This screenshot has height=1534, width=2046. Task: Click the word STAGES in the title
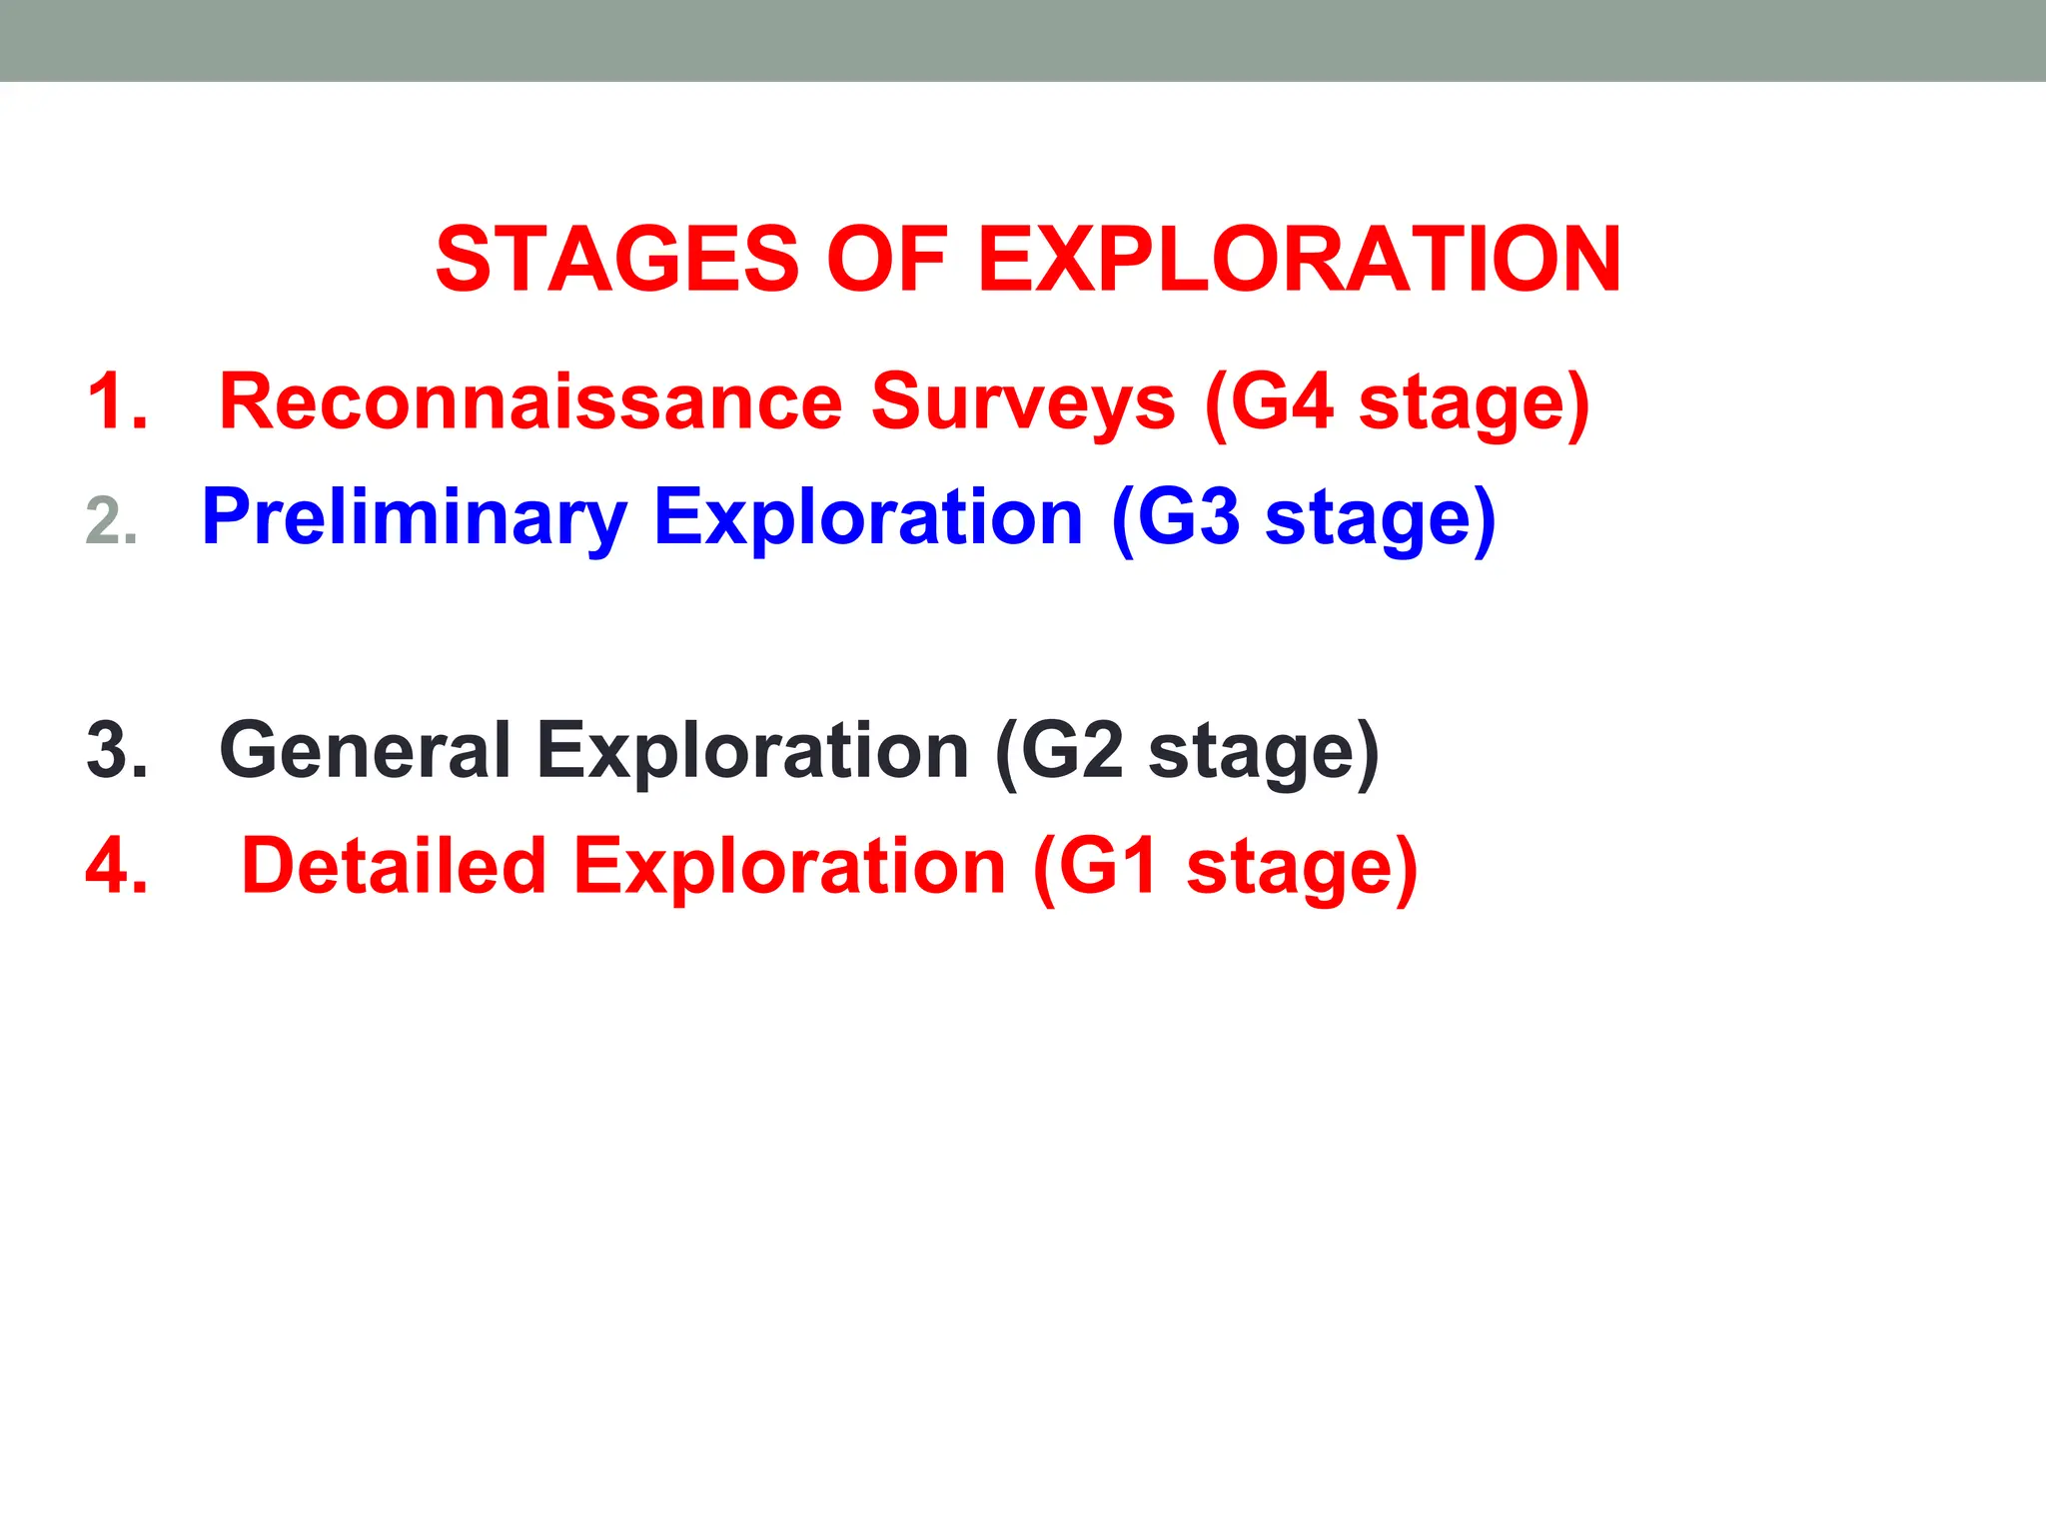[616, 260]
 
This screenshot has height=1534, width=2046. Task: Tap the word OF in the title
[886, 260]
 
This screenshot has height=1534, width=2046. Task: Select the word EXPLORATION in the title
[1299, 260]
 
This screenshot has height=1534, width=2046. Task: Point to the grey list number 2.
[111, 521]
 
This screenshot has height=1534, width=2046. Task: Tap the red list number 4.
[116, 866]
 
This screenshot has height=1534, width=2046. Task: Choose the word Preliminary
[414, 519]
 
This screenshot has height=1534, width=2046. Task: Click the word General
[365, 750]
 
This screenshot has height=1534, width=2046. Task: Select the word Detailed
[394, 866]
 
